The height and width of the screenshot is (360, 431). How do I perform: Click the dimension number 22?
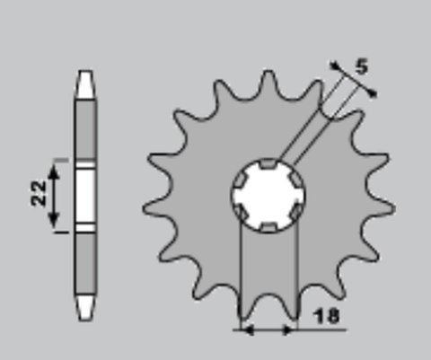point(39,193)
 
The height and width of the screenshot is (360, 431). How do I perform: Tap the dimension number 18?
point(326,316)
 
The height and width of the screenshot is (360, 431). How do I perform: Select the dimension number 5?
point(362,66)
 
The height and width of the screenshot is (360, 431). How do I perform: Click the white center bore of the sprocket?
point(268,196)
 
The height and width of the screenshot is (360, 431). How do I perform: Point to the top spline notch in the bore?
point(268,163)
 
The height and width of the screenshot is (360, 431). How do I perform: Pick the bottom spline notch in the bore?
point(268,227)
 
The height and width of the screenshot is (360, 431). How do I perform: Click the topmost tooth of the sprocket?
point(268,81)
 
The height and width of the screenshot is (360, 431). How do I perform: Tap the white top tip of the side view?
point(85,84)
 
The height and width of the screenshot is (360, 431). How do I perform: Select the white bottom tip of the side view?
point(85,308)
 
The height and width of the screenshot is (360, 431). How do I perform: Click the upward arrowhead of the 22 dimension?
point(54,171)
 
